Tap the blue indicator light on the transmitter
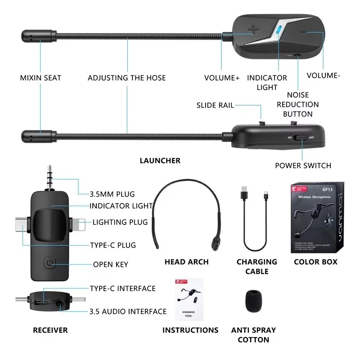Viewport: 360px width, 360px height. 278,31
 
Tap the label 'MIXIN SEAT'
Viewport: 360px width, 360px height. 40,78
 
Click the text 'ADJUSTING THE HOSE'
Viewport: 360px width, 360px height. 127,78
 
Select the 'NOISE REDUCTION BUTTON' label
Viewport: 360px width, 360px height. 297,104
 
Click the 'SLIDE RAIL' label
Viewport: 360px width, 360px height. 215,105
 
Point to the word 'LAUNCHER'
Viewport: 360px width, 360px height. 160,161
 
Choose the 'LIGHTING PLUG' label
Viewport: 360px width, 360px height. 120,222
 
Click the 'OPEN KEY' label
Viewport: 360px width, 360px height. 110,265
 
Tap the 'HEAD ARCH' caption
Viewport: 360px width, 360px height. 186,262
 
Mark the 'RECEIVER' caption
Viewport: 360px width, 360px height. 50,330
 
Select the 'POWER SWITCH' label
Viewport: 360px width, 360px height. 303,166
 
